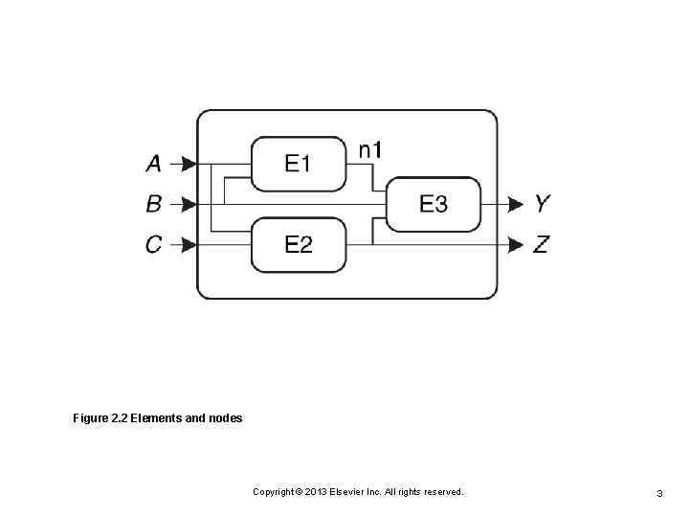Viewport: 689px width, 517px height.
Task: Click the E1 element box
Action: (x=298, y=164)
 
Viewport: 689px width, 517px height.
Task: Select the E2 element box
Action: (x=298, y=245)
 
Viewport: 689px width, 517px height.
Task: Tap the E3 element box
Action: (x=433, y=204)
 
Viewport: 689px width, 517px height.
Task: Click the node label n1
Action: (x=370, y=149)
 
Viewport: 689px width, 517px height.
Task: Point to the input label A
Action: (x=153, y=165)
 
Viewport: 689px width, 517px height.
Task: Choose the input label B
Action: (x=153, y=204)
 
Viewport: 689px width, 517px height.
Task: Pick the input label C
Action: (x=153, y=245)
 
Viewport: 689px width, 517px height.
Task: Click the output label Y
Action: (x=542, y=204)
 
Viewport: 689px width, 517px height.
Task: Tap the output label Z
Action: (x=542, y=245)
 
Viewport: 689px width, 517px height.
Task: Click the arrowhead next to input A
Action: (x=189, y=165)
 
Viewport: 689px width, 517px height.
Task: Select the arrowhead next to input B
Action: (x=189, y=204)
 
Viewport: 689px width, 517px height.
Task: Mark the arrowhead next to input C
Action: (x=189, y=245)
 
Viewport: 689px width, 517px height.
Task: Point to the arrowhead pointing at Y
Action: (x=516, y=204)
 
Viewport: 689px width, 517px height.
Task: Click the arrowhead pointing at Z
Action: (x=516, y=245)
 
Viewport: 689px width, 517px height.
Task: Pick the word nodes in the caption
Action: (x=224, y=418)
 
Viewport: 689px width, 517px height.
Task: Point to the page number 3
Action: (x=659, y=492)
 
